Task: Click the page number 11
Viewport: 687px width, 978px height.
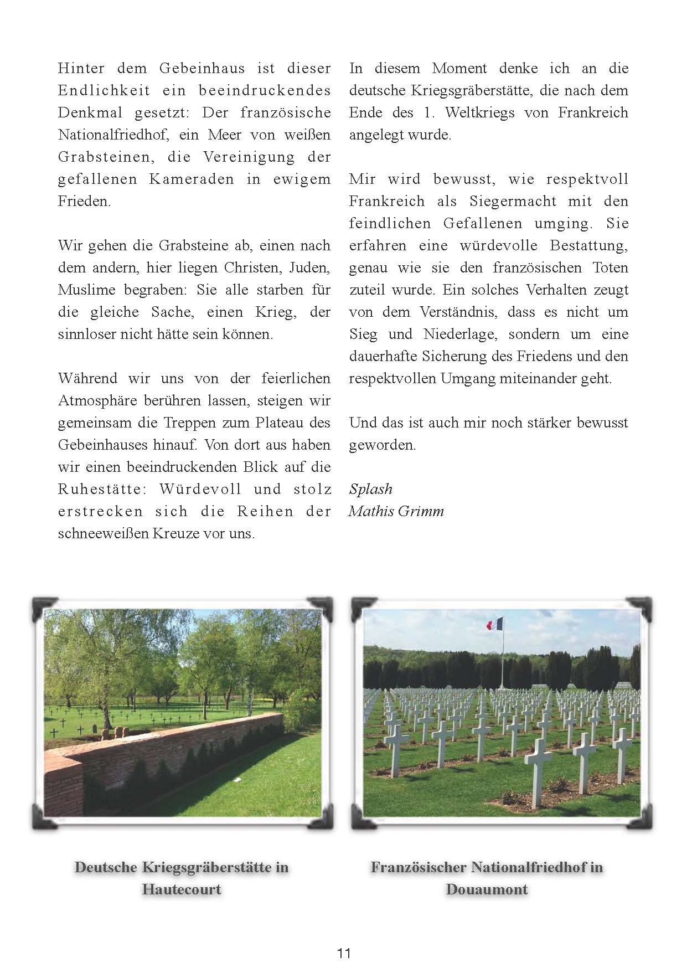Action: tap(343, 953)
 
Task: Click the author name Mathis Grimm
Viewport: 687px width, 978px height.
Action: tap(396, 511)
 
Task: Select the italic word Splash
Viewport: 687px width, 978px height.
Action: tap(371, 489)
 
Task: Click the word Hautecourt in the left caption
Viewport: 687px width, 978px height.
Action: tap(182, 889)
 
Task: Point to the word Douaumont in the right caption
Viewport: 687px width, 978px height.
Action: tap(487, 889)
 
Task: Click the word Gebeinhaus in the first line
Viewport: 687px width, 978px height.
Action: tap(202, 68)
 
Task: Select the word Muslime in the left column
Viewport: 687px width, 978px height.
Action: tap(87, 290)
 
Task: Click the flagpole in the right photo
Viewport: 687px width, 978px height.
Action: tap(502, 659)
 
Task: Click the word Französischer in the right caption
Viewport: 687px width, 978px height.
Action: tap(418, 867)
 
